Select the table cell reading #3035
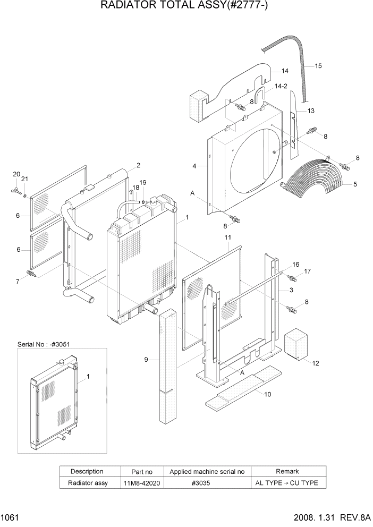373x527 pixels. click(207, 483)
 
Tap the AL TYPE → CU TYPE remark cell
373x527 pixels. click(287, 483)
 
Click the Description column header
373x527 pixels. click(87, 471)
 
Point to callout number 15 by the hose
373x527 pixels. click(318, 66)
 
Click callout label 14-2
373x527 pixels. click(282, 86)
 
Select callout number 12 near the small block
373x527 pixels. click(316, 363)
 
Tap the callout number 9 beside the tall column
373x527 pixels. click(146, 360)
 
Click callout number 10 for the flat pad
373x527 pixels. click(267, 394)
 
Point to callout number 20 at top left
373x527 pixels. click(16, 174)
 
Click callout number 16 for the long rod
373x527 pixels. click(296, 264)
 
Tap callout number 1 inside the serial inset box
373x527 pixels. click(88, 376)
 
